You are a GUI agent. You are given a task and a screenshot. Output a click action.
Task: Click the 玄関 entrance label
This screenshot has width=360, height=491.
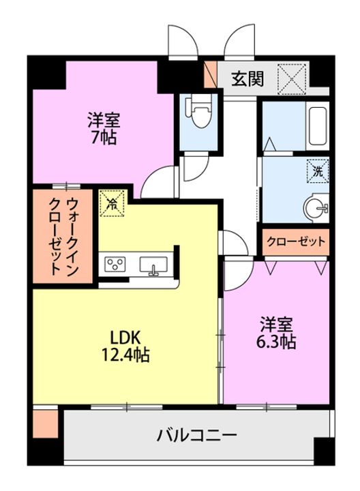coord(247,78)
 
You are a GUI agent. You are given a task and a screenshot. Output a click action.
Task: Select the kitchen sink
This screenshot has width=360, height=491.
coord(153,265)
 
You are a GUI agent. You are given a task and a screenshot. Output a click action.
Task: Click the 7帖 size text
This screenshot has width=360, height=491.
coord(104,138)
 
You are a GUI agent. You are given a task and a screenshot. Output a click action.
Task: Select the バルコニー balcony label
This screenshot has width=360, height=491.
coord(196,434)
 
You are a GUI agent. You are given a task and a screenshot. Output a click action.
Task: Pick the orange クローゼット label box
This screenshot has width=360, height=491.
coord(295,241)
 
